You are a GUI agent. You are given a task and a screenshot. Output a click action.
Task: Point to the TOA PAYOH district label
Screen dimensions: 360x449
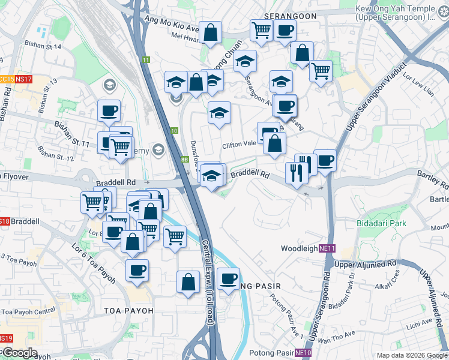coord(128,310)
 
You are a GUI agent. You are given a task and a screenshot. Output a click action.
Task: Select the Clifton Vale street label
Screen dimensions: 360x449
coord(239,145)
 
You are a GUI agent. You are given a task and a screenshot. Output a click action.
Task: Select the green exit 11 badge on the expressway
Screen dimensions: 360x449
coord(146,59)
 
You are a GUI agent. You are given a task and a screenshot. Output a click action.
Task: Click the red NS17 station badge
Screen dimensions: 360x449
coord(23,79)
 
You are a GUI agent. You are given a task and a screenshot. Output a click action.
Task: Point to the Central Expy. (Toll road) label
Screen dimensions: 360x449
coord(208,283)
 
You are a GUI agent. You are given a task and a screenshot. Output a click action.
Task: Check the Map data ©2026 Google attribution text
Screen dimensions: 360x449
coord(411,355)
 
